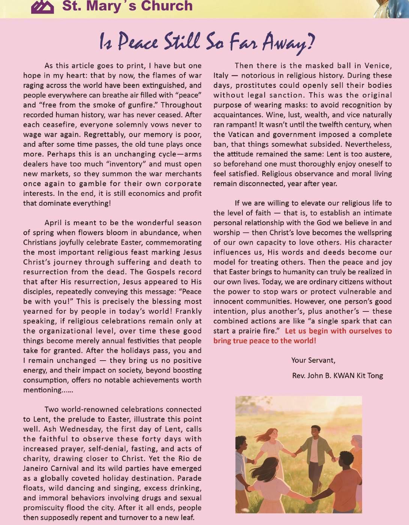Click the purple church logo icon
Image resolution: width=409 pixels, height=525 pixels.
pyautogui.click(x=42, y=6)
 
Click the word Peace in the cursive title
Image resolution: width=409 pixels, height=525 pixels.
pyautogui.click(x=138, y=42)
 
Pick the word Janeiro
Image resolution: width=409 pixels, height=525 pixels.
pyautogui.click(x=37, y=468)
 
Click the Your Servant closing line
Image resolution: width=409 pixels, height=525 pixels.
pyautogui.click(x=313, y=360)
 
